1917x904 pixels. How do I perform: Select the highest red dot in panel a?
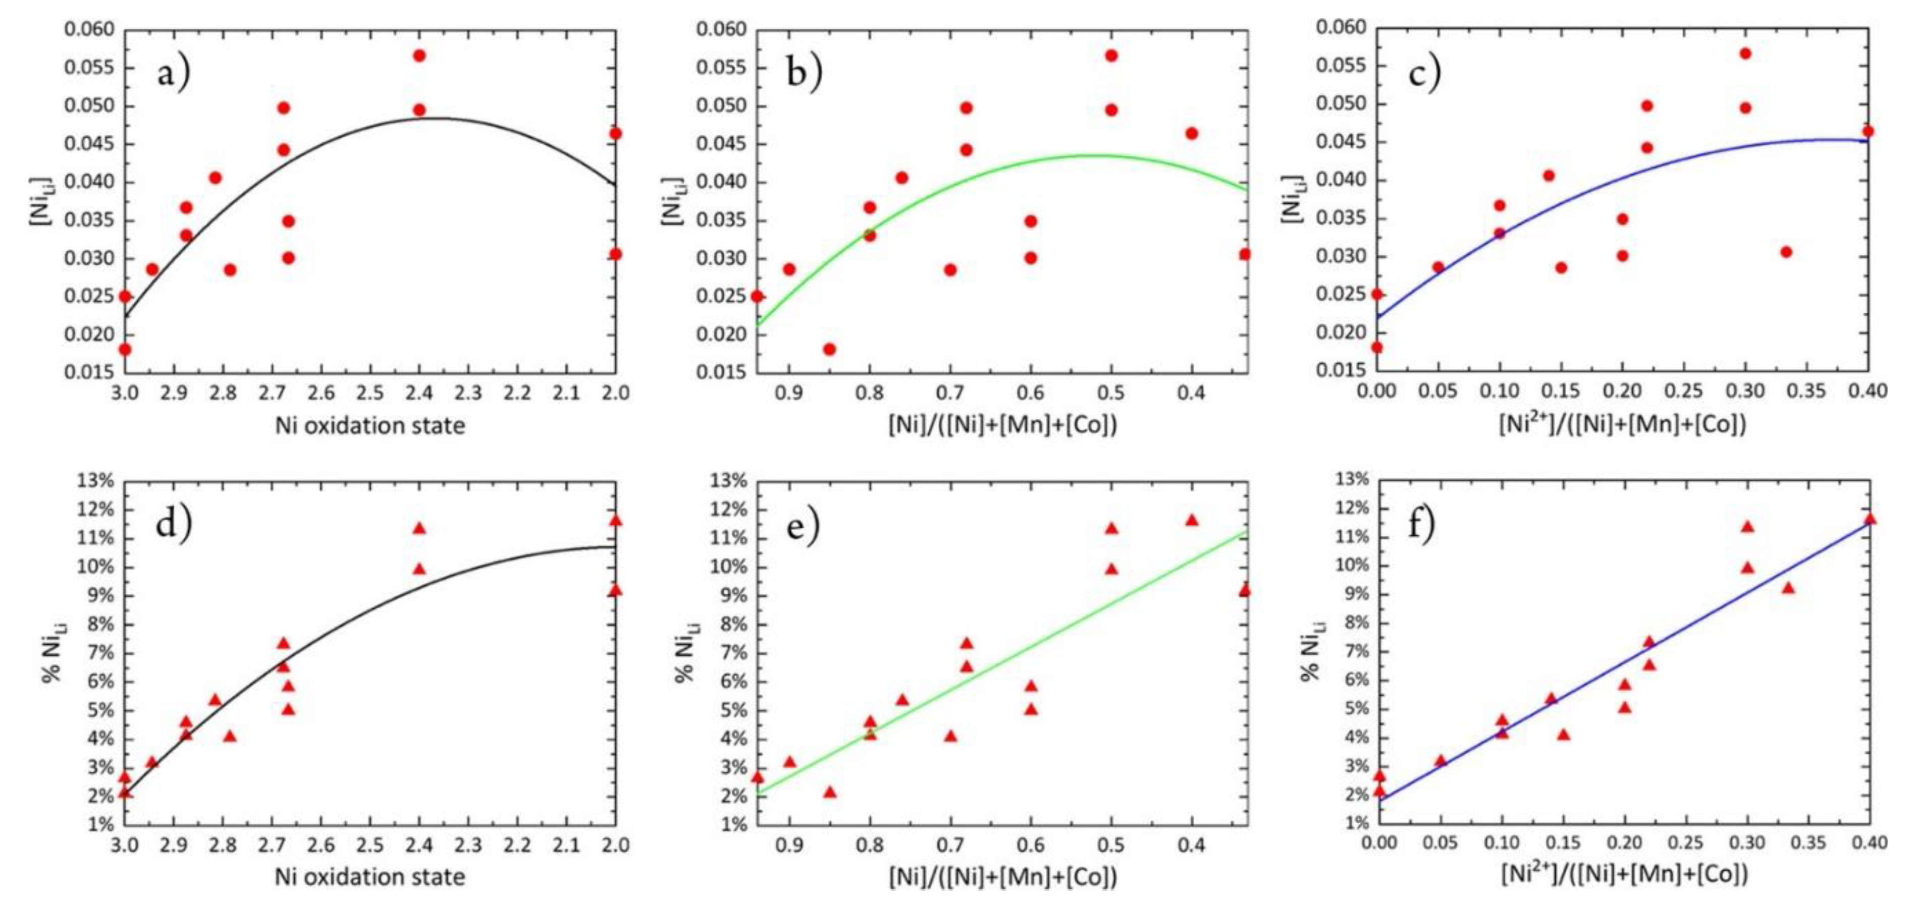pyautogui.click(x=419, y=56)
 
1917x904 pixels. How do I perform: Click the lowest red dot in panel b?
pyautogui.click(x=829, y=349)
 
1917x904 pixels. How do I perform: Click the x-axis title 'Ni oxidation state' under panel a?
pyautogui.click(x=370, y=426)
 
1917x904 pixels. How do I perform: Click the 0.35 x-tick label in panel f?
pyautogui.click(x=1807, y=843)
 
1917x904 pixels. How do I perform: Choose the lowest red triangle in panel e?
pyautogui.click(x=829, y=792)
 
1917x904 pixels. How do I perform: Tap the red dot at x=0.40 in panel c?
pyautogui.click(x=1867, y=132)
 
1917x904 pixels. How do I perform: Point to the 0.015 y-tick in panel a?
pyautogui.click(x=88, y=371)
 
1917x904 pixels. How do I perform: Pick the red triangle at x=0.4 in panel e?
pyautogui.click(x=1191, y=520)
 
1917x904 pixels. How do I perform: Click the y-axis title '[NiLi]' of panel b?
pyautogui.click(x=671, y=201)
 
